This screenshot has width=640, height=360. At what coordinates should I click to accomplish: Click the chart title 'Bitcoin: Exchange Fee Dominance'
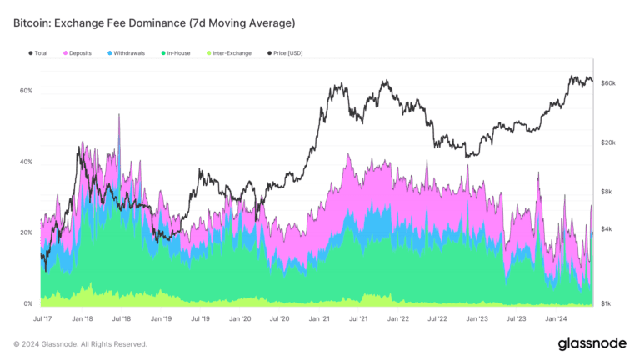coord(153,22)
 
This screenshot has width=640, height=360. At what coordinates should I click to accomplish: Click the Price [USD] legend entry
coord(285,52)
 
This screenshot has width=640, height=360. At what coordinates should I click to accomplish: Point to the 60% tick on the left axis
coord(26,90)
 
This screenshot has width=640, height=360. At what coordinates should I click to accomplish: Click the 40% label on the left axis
coord(26,162)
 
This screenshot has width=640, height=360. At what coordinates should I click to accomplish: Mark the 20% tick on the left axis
coord(26,232)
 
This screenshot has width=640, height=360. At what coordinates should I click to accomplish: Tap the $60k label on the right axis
coord(608,84)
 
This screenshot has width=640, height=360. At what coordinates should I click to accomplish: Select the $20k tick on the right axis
coord(608,142)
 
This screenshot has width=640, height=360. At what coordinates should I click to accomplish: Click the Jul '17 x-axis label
coord(42,317)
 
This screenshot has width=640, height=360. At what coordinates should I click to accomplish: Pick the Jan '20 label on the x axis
coord(240,317)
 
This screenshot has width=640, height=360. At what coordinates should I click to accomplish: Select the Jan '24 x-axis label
coord(557,317)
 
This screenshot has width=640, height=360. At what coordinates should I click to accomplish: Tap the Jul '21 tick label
coord(359,317)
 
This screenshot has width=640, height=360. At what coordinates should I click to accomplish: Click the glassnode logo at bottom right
coord(592,343)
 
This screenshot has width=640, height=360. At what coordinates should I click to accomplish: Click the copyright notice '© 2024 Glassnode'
coord(80,343)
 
